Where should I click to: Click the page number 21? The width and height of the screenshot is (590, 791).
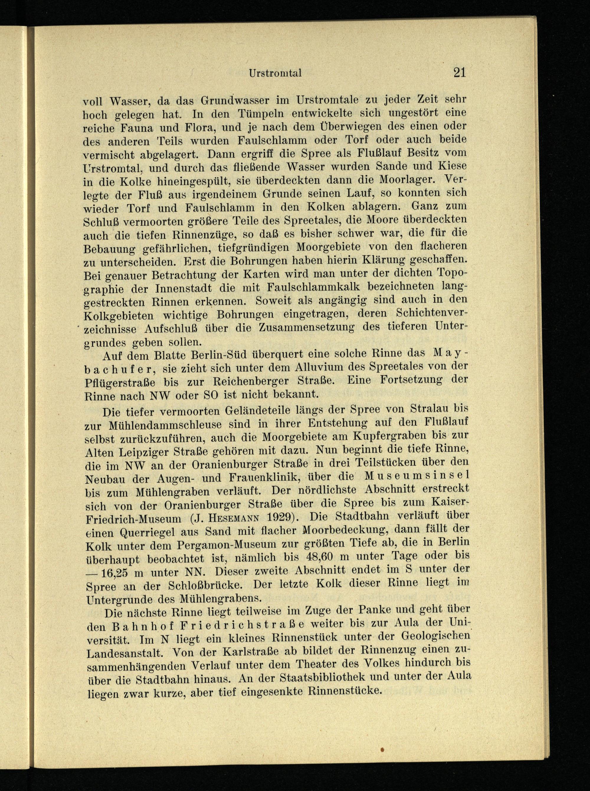click(x=459, y=73)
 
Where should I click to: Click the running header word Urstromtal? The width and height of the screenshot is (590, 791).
click(x=275, y=73)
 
